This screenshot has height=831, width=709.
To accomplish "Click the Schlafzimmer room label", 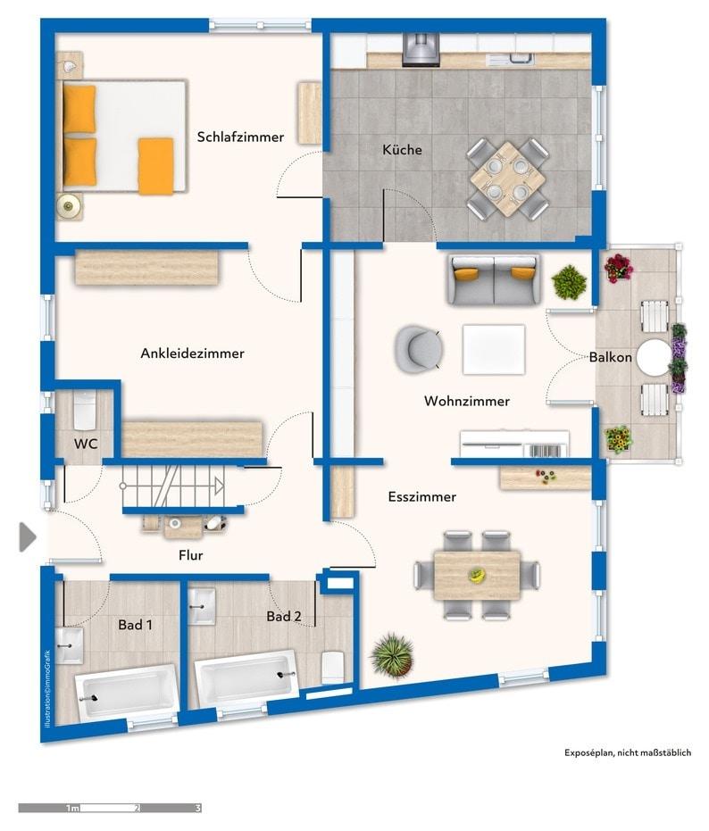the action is [240, 137].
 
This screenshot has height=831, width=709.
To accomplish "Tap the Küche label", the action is [402, 149].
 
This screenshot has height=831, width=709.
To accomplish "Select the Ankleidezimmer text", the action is [193, 353].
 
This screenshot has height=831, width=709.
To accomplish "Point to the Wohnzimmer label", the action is [467, 401].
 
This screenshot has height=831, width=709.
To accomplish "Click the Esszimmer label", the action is [422, 496].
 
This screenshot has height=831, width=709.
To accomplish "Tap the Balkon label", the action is [611, 357].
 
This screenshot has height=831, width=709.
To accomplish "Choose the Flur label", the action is [191, 555].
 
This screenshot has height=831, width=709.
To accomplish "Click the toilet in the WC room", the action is [85, 411].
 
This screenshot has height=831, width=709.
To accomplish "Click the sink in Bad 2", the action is [202, 606].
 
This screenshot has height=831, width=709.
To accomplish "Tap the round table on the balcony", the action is [654, 358].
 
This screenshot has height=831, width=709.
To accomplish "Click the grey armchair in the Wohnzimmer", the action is [419, 349].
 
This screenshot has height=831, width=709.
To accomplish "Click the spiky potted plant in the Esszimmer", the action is [392, 655].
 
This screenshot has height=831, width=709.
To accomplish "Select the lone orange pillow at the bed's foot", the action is [156, 166].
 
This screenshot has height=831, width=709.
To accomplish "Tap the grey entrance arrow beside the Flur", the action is [28, 536].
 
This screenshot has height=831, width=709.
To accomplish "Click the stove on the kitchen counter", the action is [421, 50].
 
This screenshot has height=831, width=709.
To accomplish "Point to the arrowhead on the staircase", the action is [219, 485].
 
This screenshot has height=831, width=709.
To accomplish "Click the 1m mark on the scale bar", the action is [72, 808].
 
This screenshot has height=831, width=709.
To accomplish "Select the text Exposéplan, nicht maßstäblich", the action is [628, 752].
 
